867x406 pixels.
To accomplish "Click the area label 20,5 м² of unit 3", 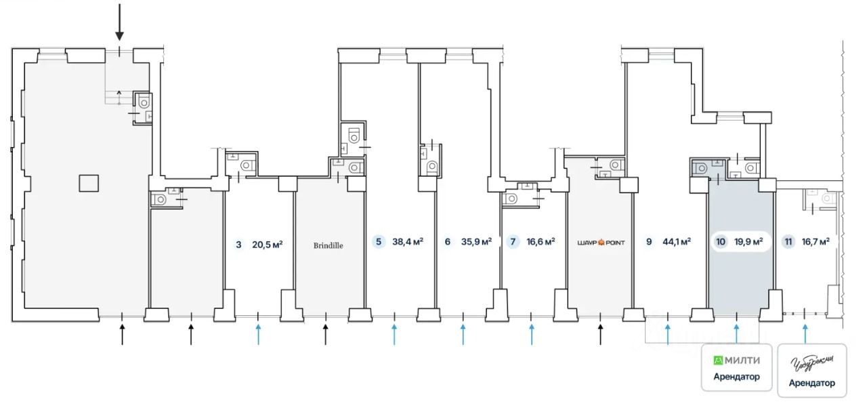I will tap(267, 245).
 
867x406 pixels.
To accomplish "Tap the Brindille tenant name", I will tap(329, 245).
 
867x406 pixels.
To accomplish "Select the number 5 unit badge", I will tap(379, 241).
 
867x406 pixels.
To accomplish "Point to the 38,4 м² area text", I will tap(408, 241).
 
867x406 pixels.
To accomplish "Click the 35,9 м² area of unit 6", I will tap(477, 241).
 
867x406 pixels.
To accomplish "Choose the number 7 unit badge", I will tap(514, 241).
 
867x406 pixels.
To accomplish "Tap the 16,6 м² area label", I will tap(541, 241).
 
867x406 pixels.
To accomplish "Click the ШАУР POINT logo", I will tap(600, 242).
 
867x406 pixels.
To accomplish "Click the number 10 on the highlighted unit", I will tap(719, 241).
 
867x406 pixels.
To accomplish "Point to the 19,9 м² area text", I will tap(748, 241).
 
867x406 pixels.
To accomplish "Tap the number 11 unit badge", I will tap(788, 241).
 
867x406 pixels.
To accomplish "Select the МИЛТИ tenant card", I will tap(737, 367).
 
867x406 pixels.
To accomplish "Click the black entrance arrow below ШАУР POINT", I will tap(600, 333).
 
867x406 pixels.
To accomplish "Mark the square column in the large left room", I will tap(89, 183).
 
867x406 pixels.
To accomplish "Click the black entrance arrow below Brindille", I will tap(325, 333).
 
